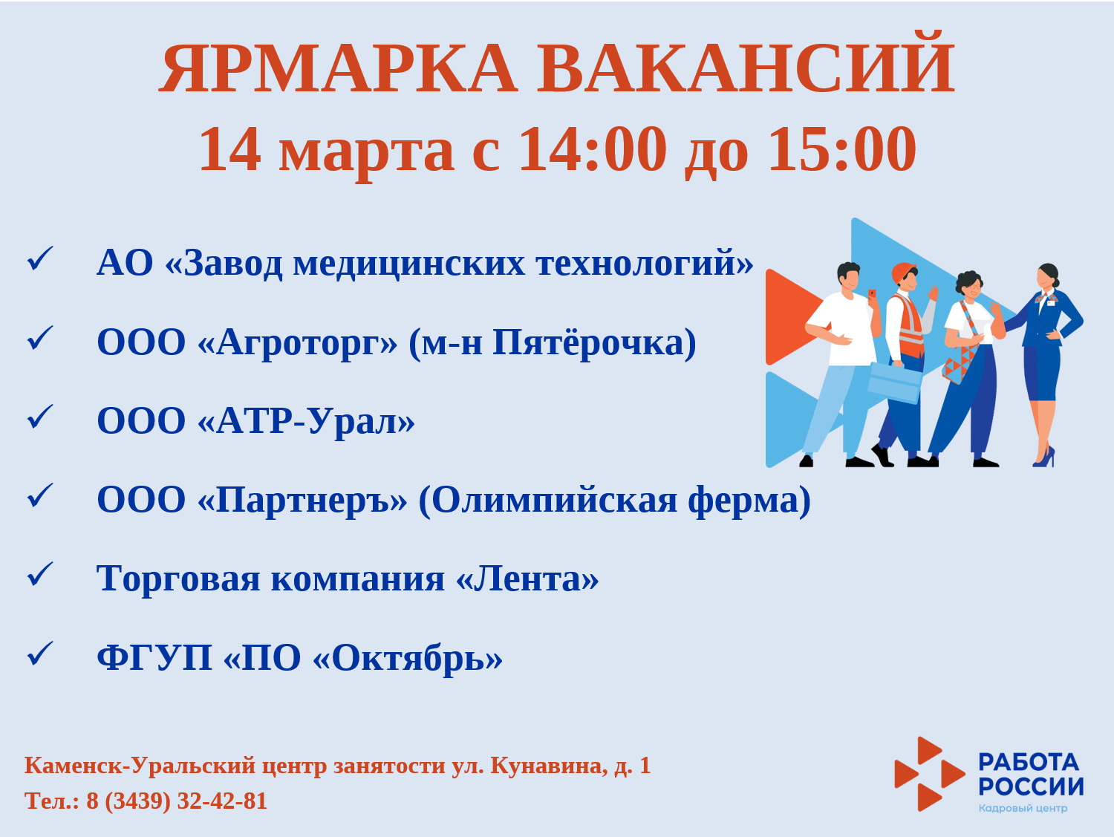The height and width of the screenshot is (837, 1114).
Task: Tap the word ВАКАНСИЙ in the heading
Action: [746, 62]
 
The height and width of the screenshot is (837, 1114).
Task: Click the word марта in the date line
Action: [366, 154]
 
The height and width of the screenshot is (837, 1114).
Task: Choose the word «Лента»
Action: [527, 579]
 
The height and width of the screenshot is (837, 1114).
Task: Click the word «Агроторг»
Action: [297, 344]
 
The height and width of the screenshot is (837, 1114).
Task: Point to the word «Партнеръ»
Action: [302, 501]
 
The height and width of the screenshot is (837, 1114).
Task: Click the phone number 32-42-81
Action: [222, 801]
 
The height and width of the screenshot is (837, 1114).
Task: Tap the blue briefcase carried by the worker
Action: [893, 382]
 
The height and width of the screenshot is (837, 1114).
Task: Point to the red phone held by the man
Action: [871, 293]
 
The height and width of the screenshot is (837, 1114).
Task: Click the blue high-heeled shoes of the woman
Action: [1044, 457]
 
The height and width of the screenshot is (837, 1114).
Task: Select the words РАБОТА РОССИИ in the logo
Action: [1031, 775]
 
